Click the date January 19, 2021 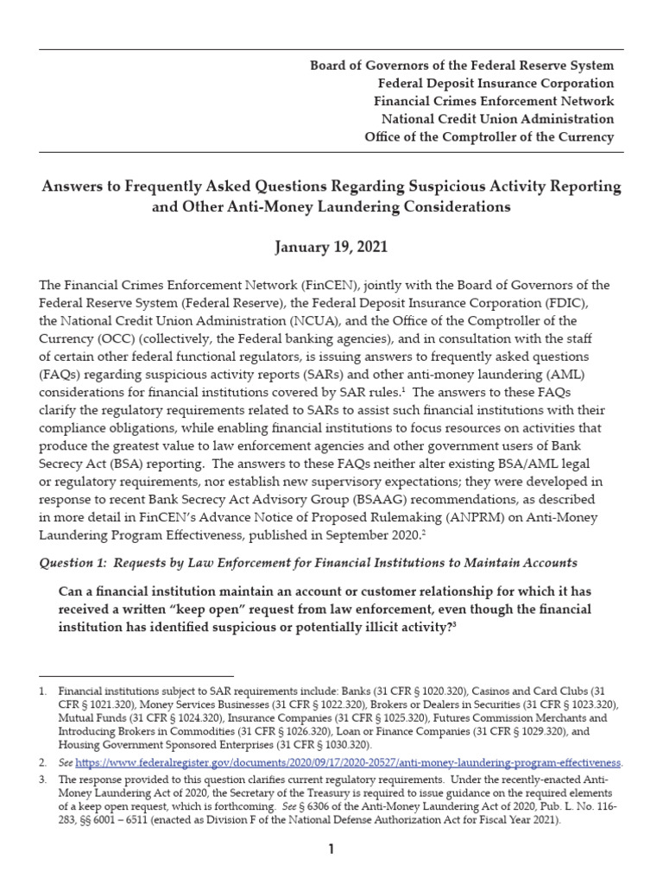tap(331, 248)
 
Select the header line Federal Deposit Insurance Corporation tap(496, 84)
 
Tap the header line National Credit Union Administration tap(494, 119)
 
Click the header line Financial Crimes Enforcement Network tap(494, 102)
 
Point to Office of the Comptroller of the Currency tap(489, 137)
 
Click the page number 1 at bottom tap(331, 850)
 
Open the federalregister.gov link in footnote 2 tap(348, 763)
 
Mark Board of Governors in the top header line tap(360, 66)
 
